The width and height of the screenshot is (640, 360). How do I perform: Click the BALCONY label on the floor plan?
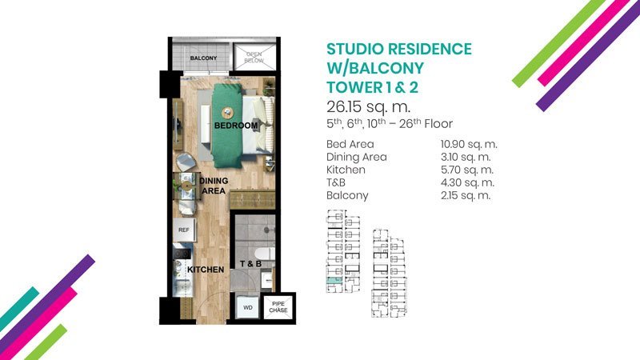coord(203,58)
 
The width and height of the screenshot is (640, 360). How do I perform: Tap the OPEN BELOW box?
coord(254,57)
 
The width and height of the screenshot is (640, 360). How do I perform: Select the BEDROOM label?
coord(236,126)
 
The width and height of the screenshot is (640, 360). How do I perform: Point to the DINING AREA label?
coord(214,186)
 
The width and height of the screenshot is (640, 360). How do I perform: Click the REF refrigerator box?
coord(184,230)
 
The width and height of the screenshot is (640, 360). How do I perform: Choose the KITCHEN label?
coord(206,270)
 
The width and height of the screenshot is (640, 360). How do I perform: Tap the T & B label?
coord(250,264)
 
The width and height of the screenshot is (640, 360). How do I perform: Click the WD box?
coord(248,307)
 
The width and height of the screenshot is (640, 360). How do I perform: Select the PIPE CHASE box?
coord(278,307)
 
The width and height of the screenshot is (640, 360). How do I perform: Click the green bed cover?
coord(226,126)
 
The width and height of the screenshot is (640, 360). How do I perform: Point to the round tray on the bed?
coord(228,113)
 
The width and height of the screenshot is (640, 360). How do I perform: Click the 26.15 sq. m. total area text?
coord(368,107)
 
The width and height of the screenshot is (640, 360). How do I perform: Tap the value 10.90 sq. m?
coord(469,144)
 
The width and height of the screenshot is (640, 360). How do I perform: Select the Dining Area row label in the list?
coord(356,157)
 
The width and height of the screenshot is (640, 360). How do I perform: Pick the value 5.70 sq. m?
coord(467,170)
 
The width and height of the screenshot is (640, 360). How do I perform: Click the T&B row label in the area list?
coord(335,182)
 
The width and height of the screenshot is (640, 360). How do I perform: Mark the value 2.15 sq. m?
coord(466,195)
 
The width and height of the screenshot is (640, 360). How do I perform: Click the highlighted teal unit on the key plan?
coord(334,281)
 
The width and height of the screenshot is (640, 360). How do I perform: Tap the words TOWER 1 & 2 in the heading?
coord(372,87)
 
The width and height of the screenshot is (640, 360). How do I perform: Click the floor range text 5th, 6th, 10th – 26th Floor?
coord(390,124)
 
